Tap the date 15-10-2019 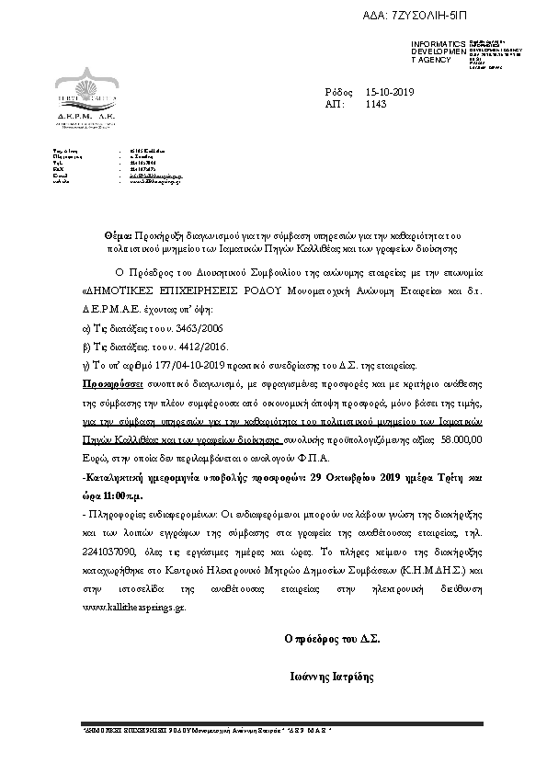pos(390,92)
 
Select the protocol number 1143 pos(376,105)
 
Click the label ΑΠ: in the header pos(335,105)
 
